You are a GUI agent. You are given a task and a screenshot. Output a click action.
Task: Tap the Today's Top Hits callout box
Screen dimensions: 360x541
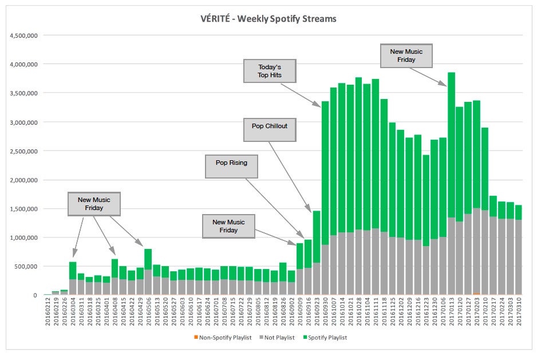click(x=269, y=71)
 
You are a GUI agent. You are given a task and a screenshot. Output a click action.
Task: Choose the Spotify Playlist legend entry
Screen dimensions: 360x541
click(x=326, y=338)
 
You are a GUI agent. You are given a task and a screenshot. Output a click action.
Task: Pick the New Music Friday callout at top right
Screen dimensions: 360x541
click(x=406, y=56)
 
